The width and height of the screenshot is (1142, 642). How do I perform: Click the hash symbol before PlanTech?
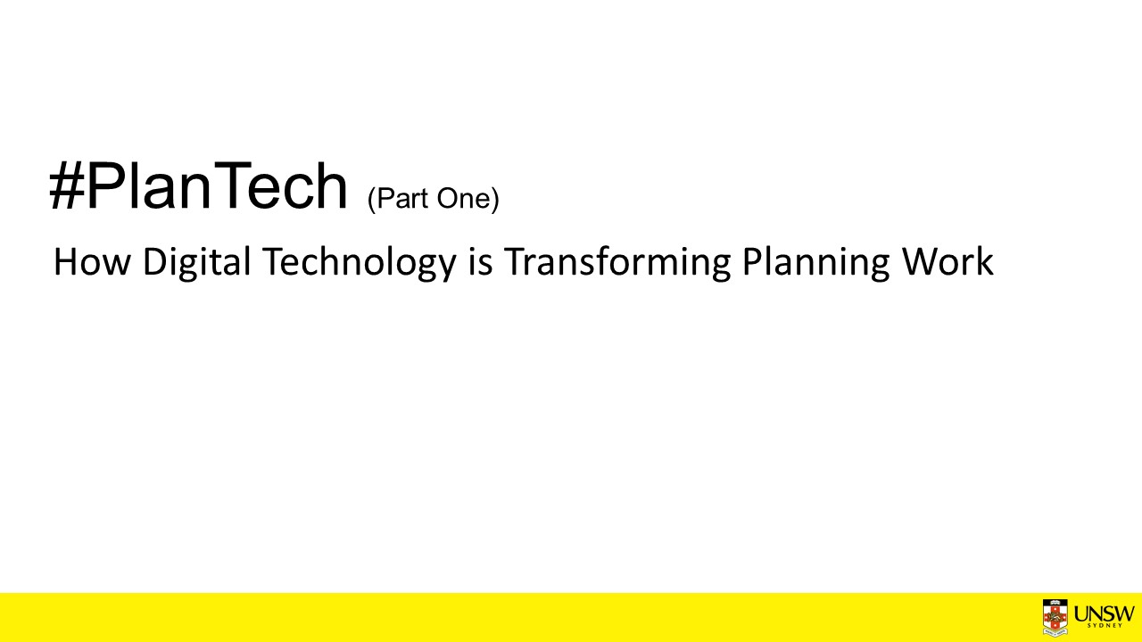[x=67, y=185]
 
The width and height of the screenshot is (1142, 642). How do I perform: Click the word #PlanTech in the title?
[x=198, y=185]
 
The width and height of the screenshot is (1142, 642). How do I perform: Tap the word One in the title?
[x=464, y=198]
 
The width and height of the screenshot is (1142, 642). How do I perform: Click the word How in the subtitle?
[x=92, y=262]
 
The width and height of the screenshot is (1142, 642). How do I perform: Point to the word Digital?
[x=197, y=263]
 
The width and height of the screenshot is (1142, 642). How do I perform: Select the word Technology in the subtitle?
[x=359, y=263]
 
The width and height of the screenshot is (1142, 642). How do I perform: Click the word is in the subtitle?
[x=481, y=262]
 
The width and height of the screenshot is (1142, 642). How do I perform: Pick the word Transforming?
[x=617, y=263]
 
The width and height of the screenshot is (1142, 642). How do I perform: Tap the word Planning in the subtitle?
[x=815, y=263]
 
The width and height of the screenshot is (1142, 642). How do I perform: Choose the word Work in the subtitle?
[x=948, y=262]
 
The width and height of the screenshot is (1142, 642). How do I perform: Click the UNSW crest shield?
[x=1055, y=618]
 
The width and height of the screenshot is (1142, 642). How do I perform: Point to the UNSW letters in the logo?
[x=1105, y=613]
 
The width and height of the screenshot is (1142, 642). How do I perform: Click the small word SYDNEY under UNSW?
[x=1105, y=625]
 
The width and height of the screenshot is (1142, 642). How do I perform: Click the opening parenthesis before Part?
[x=371, y=199]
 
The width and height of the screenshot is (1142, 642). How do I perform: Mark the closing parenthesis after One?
[x=495, y=199]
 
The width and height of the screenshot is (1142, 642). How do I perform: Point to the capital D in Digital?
[x=155, y=262]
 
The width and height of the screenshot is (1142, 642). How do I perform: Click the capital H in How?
[x=65, y=262]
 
